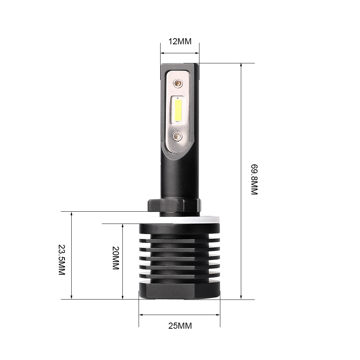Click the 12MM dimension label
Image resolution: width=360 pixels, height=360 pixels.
tap(180, 41)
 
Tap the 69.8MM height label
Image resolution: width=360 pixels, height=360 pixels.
tap(255, 180)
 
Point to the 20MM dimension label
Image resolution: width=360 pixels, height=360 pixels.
tap(115, 259)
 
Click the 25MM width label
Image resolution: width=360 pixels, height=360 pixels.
tap(180, 326)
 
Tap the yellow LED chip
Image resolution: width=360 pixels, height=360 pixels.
tap(177, 110)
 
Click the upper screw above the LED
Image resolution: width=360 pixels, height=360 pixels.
tap(177, 84)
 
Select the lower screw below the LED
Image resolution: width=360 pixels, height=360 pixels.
tap(177, 136)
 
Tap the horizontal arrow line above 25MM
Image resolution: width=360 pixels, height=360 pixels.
tap(179, 315)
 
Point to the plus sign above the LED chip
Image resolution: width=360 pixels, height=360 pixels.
tap(178, 98)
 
